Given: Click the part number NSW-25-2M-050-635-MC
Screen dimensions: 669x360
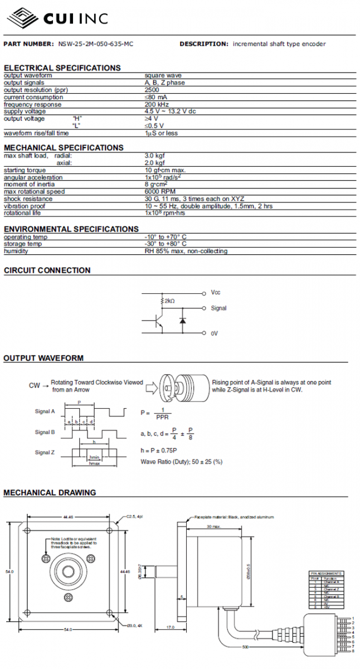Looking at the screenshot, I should [x=95, y=43].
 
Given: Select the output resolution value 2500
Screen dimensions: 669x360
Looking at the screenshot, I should [x=152, y=90].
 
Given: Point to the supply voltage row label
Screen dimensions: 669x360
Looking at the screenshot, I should [x=25, y=111].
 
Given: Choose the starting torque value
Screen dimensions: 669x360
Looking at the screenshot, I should [x=165, y=170].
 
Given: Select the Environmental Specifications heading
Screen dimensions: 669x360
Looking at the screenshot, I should [x=71, y=229].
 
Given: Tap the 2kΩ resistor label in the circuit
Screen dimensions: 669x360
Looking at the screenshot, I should [x=168, y=301].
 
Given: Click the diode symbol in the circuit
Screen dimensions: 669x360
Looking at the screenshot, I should [x=182, y=321].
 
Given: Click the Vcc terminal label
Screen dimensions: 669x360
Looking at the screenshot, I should [x=216, y=292].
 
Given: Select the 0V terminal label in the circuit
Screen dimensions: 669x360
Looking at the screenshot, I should [x=215, y=333].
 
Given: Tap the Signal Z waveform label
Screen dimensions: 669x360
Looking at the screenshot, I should [x=45, y=452].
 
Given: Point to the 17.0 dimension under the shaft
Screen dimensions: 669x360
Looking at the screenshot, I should [x=171, y=627].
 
